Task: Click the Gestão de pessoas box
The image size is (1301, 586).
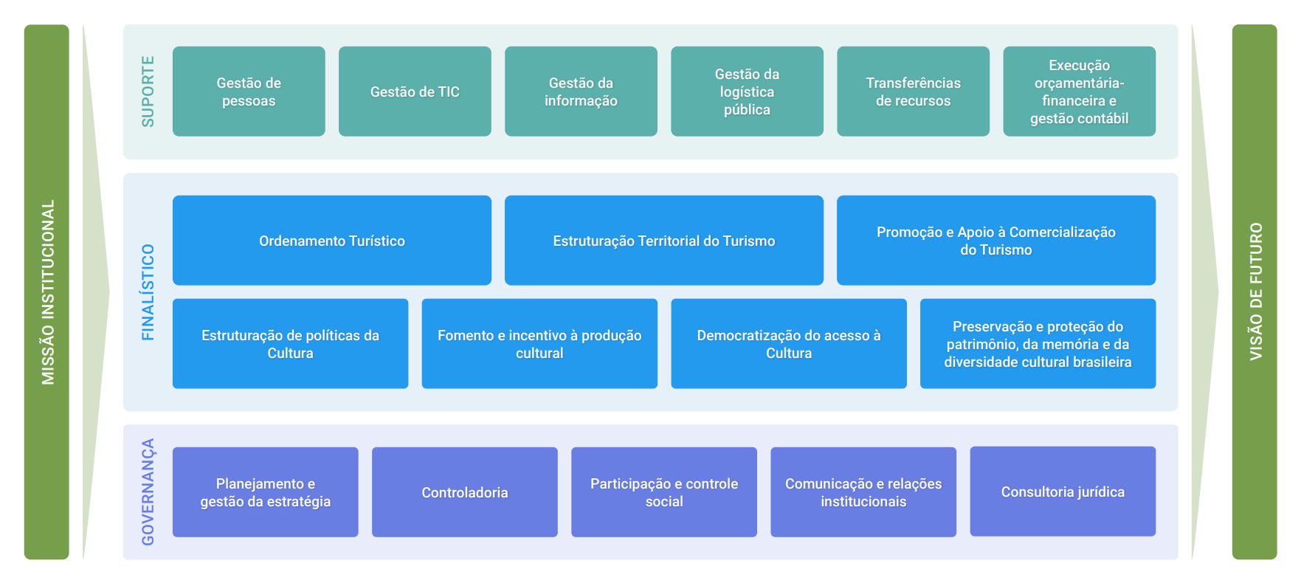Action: [x=249, y=92]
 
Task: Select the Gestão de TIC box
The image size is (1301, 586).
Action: [x=415, y=92]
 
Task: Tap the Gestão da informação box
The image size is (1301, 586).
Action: [x=581, y=92]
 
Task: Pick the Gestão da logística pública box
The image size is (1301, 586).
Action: [x=747, y=92]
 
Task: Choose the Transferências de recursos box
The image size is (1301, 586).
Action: [x=913, y=92]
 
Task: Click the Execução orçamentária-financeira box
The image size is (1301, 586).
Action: [x=1079, y=92]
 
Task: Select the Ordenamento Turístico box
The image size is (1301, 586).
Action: [x=331, y=241]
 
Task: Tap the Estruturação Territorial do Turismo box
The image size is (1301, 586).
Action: [x=663, y=241]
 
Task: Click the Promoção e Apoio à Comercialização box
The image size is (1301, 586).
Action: [x=995, y=241]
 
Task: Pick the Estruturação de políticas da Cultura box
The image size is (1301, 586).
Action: [x=290, y=344]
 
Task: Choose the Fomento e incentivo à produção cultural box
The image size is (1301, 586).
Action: [x=539, y=344]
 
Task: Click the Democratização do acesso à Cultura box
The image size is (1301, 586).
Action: [x=788, y=344]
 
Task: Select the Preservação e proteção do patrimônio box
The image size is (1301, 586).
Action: [x=1038, y=344]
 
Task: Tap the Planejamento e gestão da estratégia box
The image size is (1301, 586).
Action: [x=265, y=492]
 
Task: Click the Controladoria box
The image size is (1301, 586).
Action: [x=464, y=492]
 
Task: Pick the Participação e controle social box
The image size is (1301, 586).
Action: [x=663, y=492]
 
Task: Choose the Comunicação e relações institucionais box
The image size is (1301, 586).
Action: [x=863, y=492]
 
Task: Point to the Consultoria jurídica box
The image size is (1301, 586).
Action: [x=1063, y=492]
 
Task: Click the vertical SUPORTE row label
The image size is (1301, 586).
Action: [x=148, y=92]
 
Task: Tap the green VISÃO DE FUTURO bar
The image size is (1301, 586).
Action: [x=1254, y=292]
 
